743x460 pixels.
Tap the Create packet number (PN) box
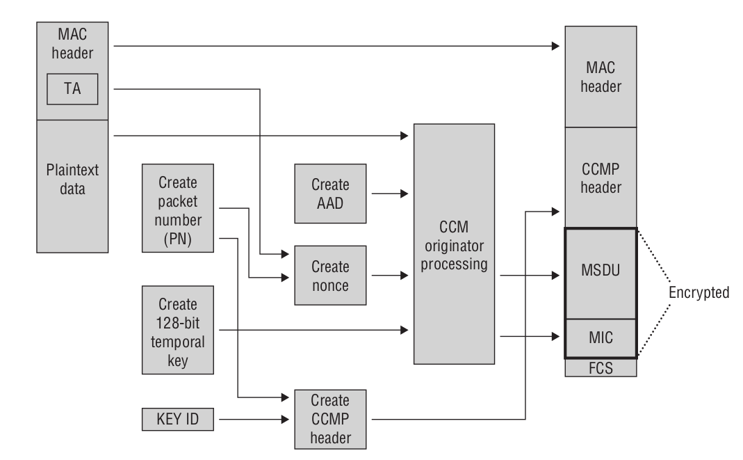177,207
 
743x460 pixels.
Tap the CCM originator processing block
454,244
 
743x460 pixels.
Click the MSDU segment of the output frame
601,273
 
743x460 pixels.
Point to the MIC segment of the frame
601,337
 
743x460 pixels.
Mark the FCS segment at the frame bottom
601,367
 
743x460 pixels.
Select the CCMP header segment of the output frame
601,179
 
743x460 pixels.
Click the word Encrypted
699,293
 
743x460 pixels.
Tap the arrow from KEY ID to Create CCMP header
250,419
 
